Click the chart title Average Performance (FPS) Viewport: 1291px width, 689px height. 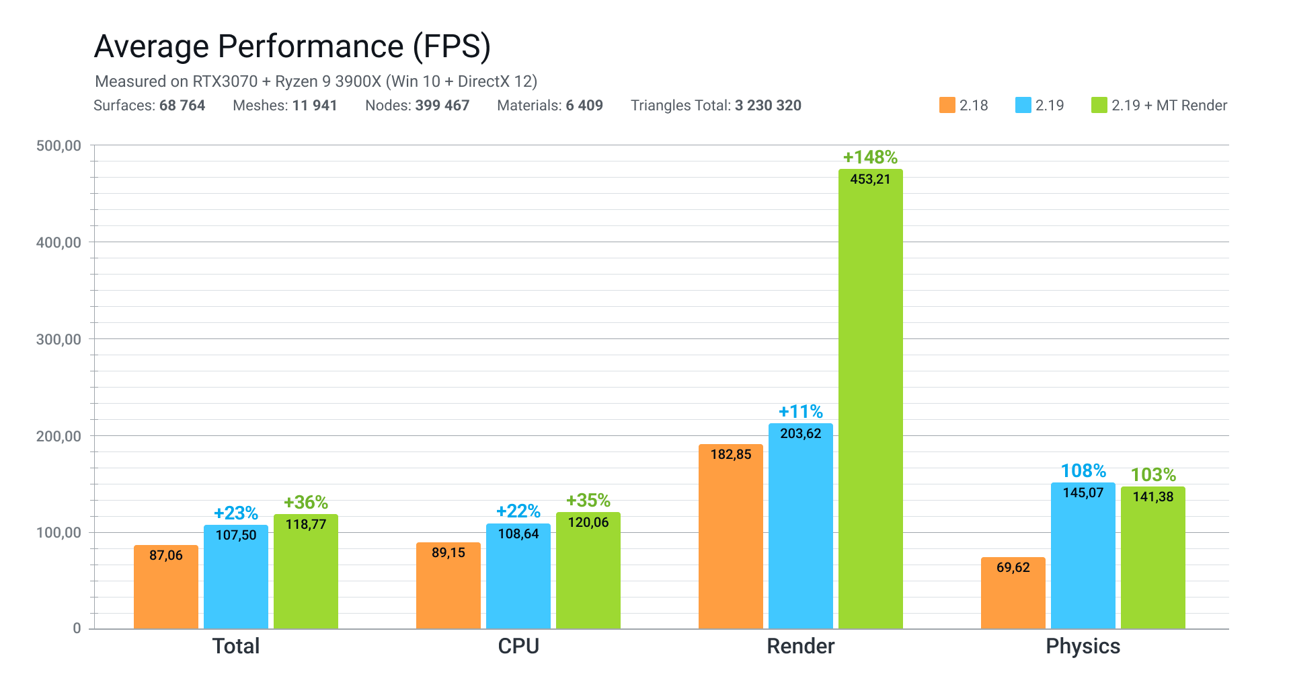click(x=292, y=47)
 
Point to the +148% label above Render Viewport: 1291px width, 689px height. click(x=870, y=157)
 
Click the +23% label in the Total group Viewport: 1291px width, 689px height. click(x=235, y=513)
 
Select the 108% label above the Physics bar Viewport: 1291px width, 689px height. click(x=1083, y=471)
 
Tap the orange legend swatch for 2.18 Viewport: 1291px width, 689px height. click(x=947, y=106)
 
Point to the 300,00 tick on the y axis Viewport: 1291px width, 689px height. click(x=58, y=339)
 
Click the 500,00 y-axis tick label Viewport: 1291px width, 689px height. click(x=58, y=146)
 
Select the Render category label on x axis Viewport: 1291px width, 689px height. click(x=800, y=646)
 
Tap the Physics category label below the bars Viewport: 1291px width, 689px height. click(x=1083, y=646)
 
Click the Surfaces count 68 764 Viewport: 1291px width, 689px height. click(x=182, y=106)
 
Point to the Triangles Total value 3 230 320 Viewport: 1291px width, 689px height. click(x=768, y=106)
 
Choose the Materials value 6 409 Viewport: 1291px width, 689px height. click(x=584, y=106)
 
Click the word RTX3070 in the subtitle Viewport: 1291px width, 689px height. click(x=225, y=81)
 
